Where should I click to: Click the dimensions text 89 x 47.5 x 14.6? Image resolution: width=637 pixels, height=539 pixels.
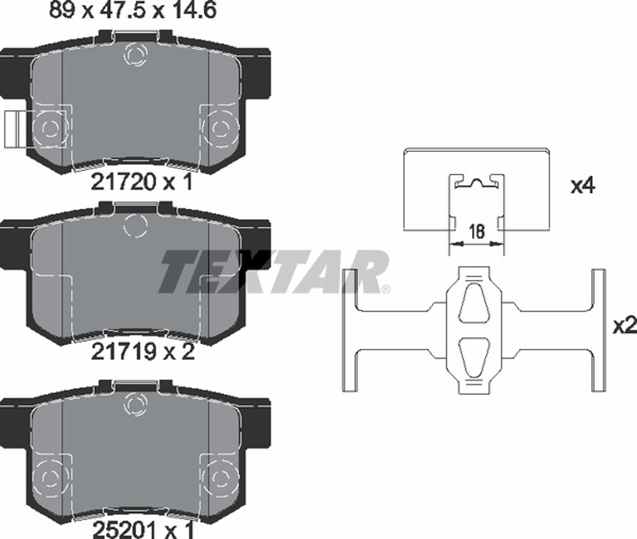[133, 10]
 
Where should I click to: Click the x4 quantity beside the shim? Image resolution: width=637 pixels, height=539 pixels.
[583, 186]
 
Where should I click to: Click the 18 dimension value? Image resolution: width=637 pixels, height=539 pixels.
[477, 231]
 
